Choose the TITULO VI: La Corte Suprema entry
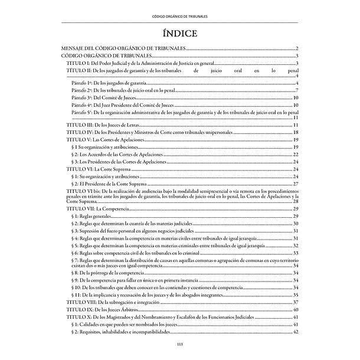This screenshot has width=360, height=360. pos(94,169)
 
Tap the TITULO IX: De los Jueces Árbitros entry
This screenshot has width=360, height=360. pos(100,309)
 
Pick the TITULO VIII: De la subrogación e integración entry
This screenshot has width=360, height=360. pos(110,302)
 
